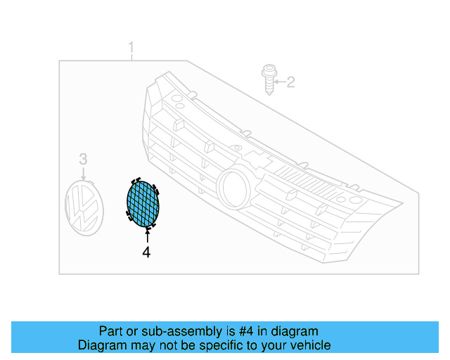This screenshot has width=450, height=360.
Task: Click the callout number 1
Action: [x=131, y=48]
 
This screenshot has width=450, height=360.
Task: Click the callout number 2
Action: [x=290, y=83]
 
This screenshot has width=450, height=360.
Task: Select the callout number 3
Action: [x=82, y=159]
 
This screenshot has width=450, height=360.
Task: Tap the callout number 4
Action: [x=146, y=252]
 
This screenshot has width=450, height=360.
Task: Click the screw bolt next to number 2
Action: [x=268, y=81]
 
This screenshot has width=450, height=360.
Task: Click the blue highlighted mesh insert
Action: [x=143, y=204]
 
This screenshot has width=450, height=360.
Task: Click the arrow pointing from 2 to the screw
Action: [x=278, y=83]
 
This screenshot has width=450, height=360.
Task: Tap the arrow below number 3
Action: [x=83, y=174]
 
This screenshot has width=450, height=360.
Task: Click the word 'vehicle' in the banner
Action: [x=308, y=345]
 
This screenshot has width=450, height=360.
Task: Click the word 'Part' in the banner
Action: [x=111, y=331]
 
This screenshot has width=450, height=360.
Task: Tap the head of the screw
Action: [x=267, y=71]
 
